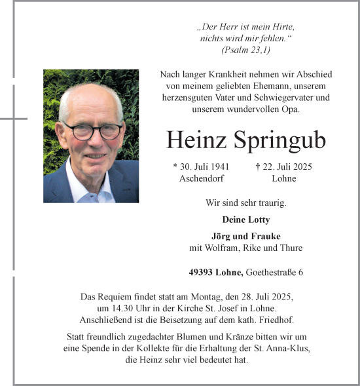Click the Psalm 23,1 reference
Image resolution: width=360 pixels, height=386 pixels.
245,50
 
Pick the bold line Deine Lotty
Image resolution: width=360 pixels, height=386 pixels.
245,220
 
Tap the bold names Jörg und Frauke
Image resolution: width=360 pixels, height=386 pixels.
245,236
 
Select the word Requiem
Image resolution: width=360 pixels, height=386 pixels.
113,297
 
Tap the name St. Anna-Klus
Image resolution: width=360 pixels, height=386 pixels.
281,349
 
